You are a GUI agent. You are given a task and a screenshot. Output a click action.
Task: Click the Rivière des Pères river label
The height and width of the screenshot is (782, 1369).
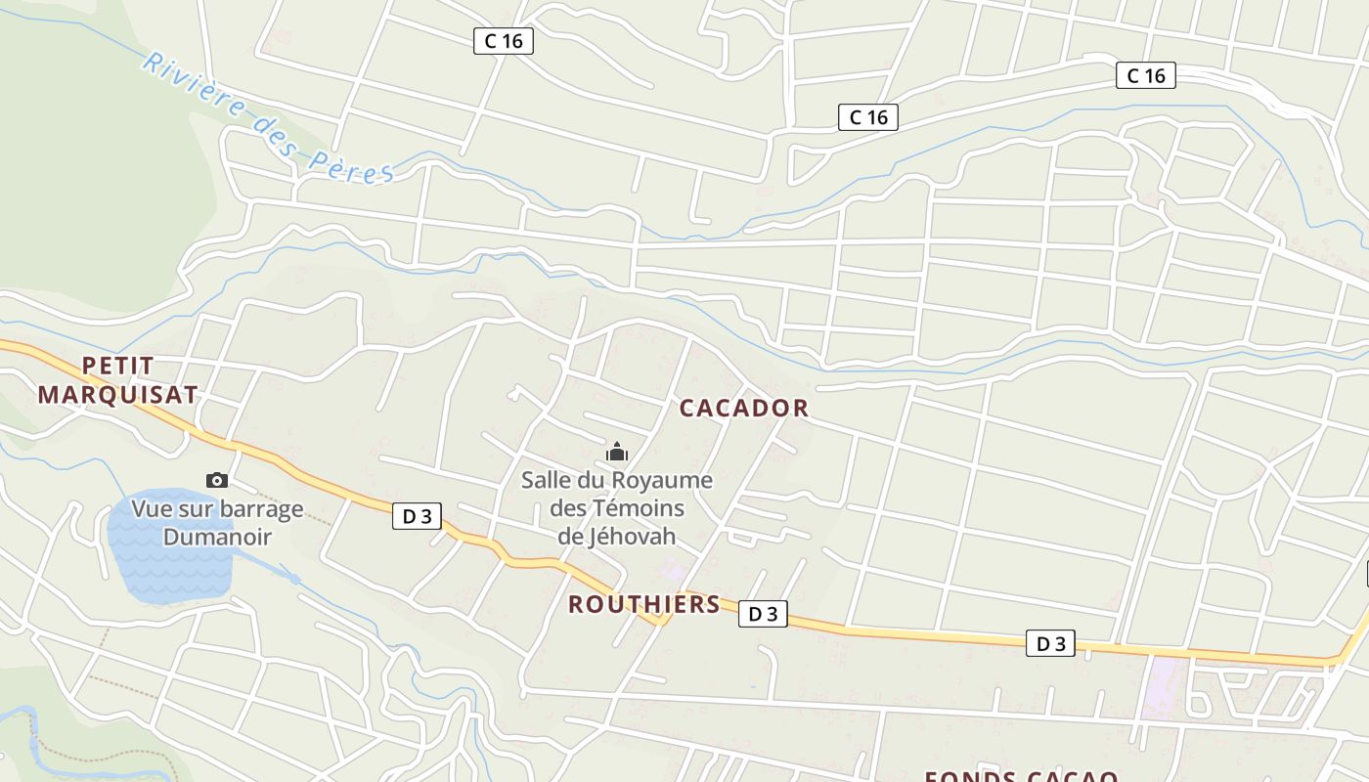267,119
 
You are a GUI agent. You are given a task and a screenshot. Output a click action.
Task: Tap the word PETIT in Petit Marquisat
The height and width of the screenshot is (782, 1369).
117,366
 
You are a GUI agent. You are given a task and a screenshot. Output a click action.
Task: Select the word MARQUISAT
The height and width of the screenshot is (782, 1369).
117,395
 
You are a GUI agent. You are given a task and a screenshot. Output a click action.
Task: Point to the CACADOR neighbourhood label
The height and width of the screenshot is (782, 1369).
743,409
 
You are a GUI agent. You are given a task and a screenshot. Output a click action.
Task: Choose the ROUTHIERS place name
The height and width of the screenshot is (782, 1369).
644,604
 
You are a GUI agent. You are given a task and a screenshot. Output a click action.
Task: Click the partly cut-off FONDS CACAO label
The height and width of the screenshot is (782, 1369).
1021,776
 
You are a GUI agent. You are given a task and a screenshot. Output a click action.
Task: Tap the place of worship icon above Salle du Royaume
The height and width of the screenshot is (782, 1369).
617,452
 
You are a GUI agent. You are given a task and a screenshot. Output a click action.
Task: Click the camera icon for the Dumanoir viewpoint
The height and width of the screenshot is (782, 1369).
217,480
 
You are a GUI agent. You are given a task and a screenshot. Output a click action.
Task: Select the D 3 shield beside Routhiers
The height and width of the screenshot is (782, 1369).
763,614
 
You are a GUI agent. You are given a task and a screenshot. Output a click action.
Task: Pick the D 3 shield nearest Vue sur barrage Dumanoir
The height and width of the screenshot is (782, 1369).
417,516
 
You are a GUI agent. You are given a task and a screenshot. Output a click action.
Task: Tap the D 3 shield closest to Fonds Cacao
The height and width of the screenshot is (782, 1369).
1050,643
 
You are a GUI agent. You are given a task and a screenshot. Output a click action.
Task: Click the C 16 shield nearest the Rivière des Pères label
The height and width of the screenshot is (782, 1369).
504,40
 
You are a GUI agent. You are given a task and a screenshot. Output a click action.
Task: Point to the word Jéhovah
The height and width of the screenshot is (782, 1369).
617,537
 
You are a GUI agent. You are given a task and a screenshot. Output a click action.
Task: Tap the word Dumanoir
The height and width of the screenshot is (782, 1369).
217,537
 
